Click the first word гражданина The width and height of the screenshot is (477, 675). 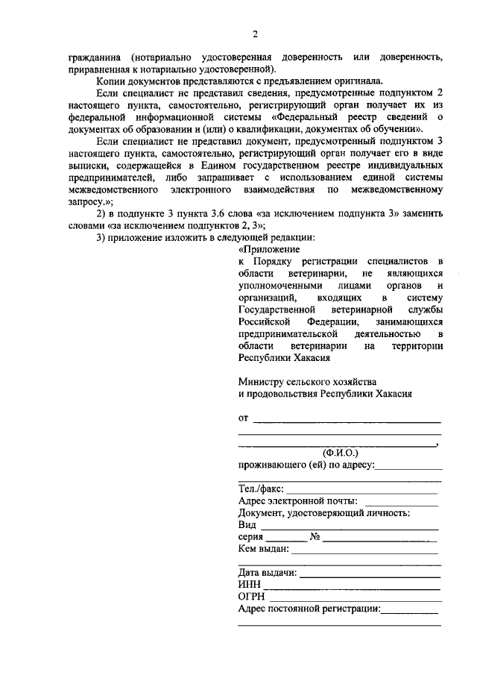click(x=95, y=57)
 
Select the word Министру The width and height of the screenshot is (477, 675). click(x=262, y=381)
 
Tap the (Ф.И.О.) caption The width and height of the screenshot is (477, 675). click(x=340, y=452)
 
